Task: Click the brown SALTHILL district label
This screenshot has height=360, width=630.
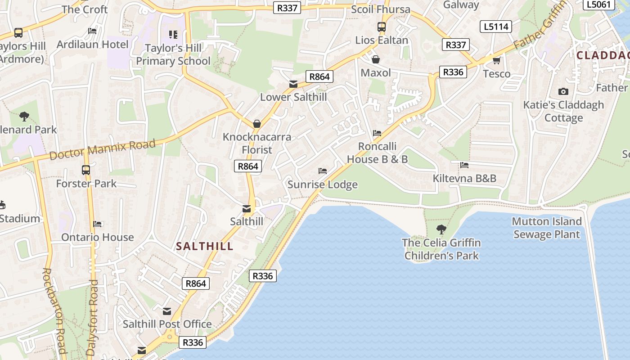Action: tap(205, 246)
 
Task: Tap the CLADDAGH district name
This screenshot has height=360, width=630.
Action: tap(603, 55)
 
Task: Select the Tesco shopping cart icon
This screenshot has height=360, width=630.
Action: tap(496, 60)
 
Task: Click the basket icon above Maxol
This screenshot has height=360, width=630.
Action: tap(376, 59)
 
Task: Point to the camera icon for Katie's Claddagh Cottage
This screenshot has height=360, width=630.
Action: tap(563, 91)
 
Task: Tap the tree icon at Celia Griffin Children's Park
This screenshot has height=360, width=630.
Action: tap(441, 229)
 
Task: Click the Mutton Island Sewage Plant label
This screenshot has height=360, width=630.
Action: tap(547, 228)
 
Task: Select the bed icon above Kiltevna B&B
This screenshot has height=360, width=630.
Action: tap(464, 165)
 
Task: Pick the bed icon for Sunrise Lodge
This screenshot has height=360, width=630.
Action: tap(323, 171)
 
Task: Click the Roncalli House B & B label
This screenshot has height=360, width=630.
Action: tap(377, 153)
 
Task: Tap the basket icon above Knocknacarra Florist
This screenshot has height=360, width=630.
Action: tap(257, 123)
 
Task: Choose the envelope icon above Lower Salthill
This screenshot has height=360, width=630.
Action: tap(293, 84)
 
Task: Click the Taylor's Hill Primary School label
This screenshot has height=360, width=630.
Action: tap(173, 54)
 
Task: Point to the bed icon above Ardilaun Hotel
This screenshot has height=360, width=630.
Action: tap(92, 31)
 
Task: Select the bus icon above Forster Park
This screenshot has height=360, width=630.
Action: tap(86, 170)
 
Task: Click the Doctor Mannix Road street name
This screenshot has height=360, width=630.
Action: tap(103, 149)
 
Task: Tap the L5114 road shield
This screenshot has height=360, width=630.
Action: tap(496, 27)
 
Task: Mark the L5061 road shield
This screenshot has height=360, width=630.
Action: tap(599, 5)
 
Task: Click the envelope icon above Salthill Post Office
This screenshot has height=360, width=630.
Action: tap(167, 311)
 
